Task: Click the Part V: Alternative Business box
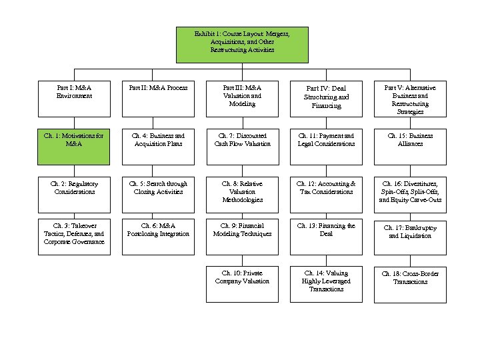point(410,99)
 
